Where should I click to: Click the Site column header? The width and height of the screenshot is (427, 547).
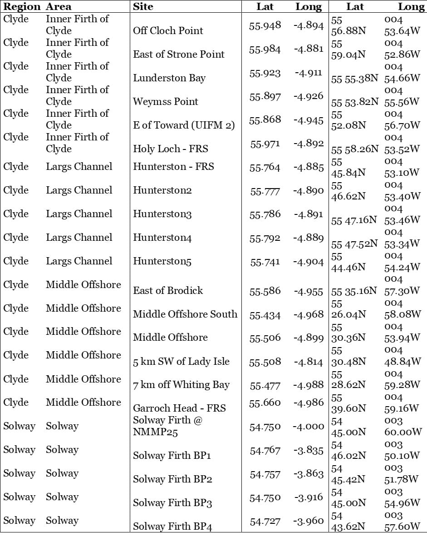(x=143, y=7)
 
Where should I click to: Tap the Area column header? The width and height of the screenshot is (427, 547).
(x=59, y=7)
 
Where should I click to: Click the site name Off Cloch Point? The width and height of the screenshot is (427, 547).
(x=168, y=31)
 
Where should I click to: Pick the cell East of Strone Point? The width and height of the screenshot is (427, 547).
(x=179, y=55)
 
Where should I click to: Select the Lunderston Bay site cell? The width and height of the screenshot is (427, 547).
(x=169, y=78)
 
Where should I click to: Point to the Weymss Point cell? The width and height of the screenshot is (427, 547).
(x=166, y=102)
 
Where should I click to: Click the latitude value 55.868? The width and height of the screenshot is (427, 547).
(x=265, y=120)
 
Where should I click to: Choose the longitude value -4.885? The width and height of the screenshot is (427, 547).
(x=308, y=167)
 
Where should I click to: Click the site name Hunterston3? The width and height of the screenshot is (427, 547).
(x=162, y=214)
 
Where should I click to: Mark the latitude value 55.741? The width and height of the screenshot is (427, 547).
(x=265, y=262)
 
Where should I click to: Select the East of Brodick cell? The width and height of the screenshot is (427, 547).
(x=168, y=291)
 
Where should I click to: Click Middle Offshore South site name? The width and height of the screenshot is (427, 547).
(x=185, y=314)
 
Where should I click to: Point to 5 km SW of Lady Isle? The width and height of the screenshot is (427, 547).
(x=181, y=362)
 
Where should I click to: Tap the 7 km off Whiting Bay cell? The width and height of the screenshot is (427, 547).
(x=181, y=385)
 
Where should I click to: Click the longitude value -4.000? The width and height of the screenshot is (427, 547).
(x=309, y=427)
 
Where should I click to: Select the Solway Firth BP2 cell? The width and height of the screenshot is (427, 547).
(x=172, y=479)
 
